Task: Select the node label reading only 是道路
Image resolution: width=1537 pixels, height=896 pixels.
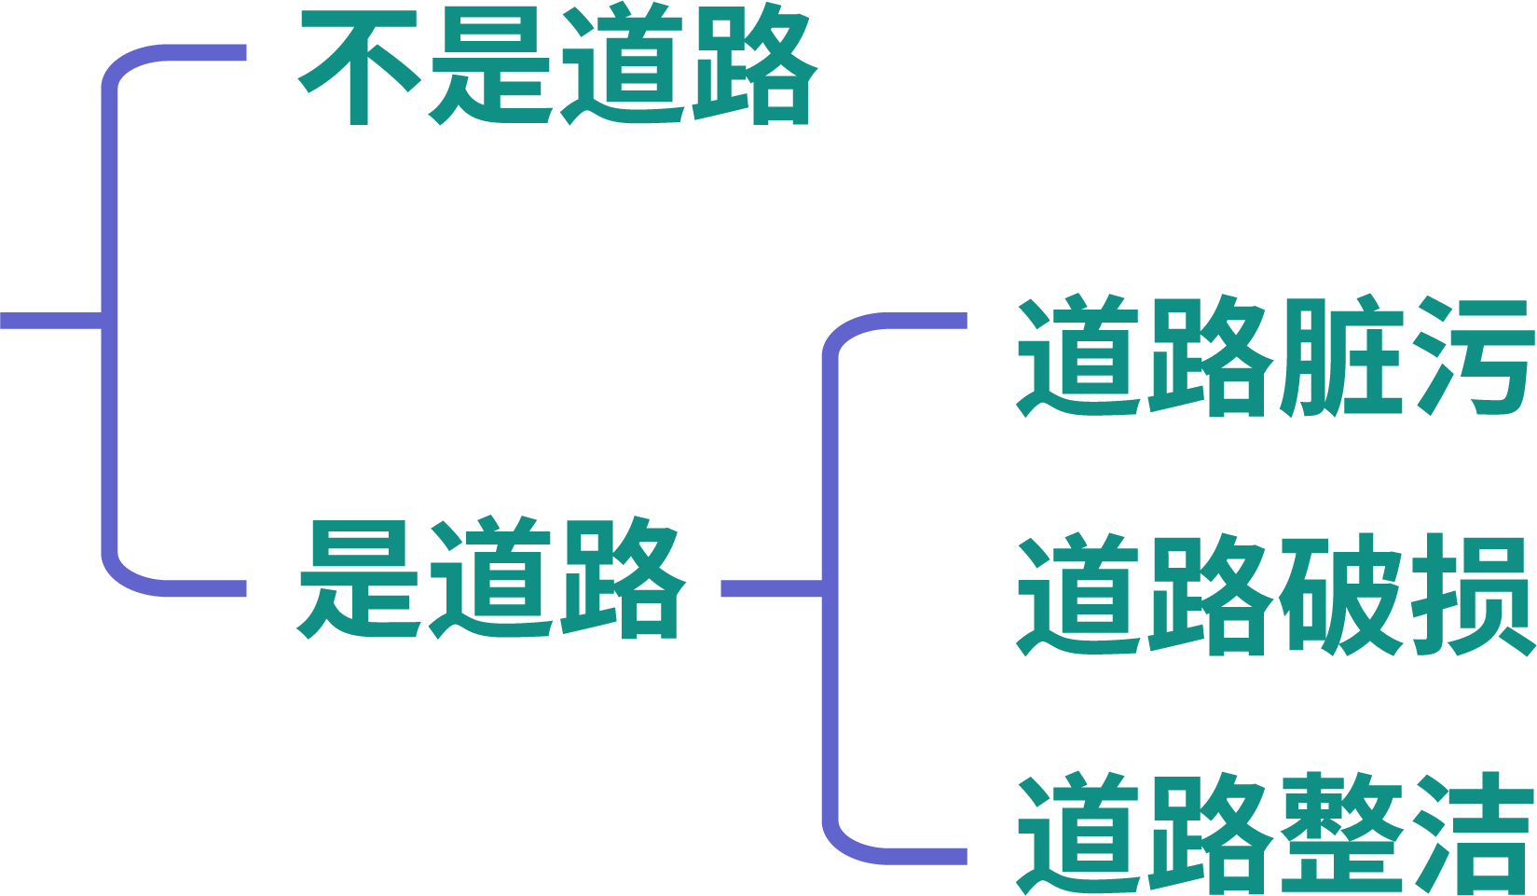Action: click(x=491, y=578)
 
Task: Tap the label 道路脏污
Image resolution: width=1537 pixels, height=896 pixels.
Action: click(x=1275, y=357)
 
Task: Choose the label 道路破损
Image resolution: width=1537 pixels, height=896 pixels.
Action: click(x=1275, y=595)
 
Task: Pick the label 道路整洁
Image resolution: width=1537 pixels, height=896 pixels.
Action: click(x=1275, y=834)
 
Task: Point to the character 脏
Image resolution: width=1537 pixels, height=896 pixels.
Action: click(x=1340, y=357)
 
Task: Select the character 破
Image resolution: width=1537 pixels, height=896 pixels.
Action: click(x=1340, y=595)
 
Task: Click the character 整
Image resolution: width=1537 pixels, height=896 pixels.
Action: click(x=1340, y=834)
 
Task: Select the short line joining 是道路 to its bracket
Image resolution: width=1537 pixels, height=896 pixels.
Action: click(x=770, y=588)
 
